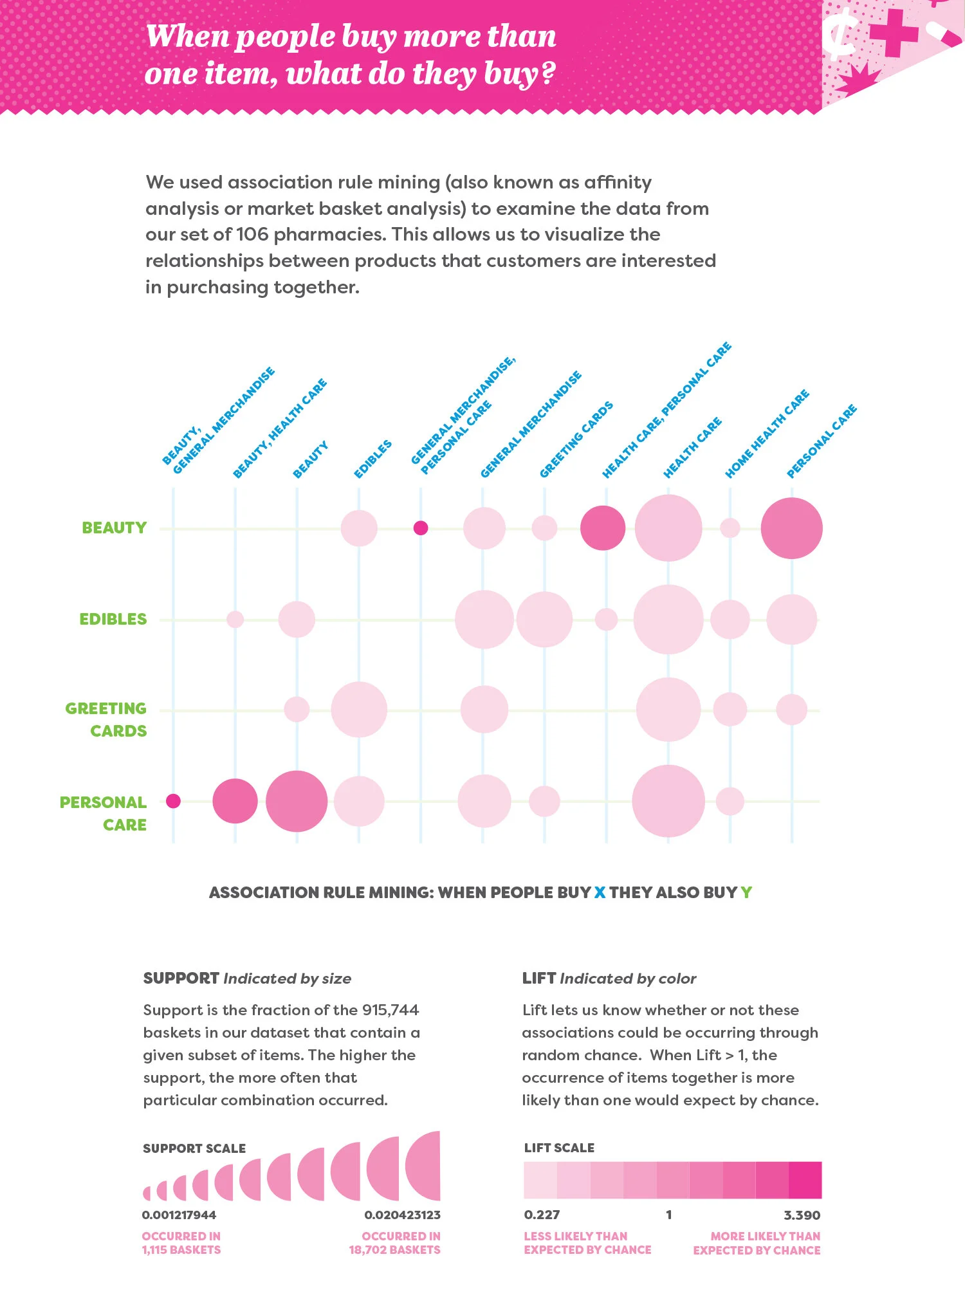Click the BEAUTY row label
(x=114, y=528)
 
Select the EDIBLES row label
(x=113, y=619)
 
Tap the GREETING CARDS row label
(x=106, y=719)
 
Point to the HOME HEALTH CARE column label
(x=767, y=434)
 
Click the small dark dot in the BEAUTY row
(x=420, y=528)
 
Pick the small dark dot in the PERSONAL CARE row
(x=173, y=801)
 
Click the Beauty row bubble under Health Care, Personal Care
(x=603, y=528)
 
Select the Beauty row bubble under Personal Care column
(x=791, y=528)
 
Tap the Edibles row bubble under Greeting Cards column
(x=544, y=620)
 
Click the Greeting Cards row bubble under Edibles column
(x=359, y=710)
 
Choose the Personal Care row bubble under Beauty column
(x=297, y=801)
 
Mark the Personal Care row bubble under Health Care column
(x=668, y=801)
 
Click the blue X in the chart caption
(x=600, y=892)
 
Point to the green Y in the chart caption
(x=746, y=892)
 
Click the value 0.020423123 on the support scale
(x=402, y=1215)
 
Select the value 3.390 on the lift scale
(x=802, y=1215)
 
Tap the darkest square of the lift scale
(x=805, y=1180)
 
